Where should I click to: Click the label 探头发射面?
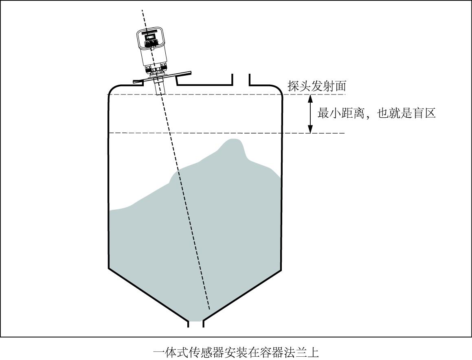(316, 86)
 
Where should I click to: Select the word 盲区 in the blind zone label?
(424, 113)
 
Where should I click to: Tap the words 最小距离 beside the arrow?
(340, 113)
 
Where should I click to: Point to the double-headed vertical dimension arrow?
(310, 114)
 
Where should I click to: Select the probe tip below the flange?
(159, 89)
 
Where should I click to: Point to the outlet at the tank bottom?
(195, 324)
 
